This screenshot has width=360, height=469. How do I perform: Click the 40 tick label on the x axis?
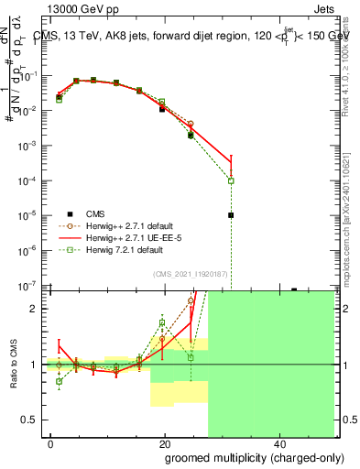pos(278,443)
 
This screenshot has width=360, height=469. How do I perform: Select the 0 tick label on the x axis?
pos(50,443)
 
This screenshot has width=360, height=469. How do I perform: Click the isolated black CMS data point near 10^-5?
pos(231,215)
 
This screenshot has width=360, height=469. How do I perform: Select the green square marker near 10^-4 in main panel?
pos(231,180)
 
